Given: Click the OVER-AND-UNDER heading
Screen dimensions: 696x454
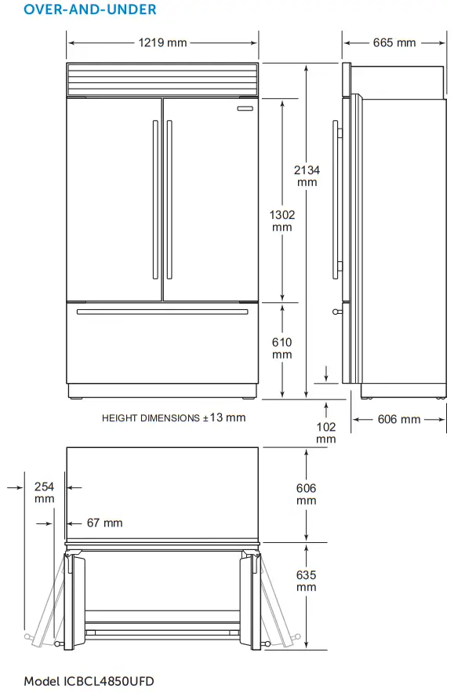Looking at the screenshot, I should point(78,10).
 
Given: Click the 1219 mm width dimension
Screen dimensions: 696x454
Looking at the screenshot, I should point(162,42).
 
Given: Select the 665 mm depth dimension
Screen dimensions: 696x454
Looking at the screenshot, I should point(394,42).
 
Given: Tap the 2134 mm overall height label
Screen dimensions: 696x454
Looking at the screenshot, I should point(307,175).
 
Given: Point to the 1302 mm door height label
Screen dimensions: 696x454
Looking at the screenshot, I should point(281,220).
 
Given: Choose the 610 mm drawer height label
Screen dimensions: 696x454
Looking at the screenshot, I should point(281,348).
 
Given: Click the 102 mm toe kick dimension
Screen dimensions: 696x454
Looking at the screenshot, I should point(326,432).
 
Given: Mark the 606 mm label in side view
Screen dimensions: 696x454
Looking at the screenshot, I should point(399,419).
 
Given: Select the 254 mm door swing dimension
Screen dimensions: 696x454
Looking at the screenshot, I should point(45,492).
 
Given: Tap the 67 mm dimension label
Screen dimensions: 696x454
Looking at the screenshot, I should point(104,523).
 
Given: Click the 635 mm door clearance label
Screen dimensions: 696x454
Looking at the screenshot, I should point(306,581).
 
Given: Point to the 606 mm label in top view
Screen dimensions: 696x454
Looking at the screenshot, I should point(306,494).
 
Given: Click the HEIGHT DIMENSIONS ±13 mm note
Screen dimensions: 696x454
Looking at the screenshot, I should point(173,418).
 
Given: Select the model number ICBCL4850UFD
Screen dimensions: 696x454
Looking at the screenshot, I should point(89,680).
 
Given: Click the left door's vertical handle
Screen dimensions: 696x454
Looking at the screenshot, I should point(155,199).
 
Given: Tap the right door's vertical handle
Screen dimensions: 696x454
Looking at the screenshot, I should point(168,199).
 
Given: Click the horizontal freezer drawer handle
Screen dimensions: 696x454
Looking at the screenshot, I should point(162,312).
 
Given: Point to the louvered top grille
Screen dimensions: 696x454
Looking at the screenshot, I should point(162,78).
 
